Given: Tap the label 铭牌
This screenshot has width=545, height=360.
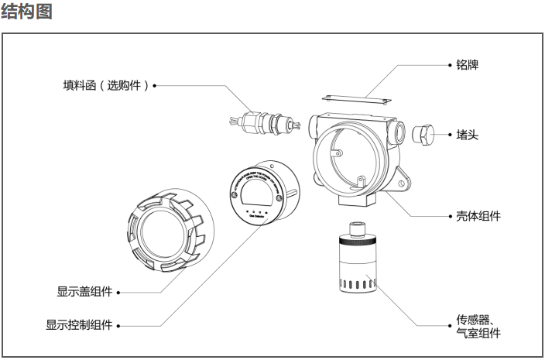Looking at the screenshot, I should point(468,66).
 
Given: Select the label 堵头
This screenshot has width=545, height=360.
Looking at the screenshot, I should point(468,134).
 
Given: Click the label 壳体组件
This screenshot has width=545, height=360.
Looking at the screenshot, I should point(478,216).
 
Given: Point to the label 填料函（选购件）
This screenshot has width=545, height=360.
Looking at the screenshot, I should point(105,84).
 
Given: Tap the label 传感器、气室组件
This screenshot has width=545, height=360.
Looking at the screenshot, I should point(478,326).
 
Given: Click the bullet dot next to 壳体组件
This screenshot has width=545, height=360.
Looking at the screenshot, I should point(450,216).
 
